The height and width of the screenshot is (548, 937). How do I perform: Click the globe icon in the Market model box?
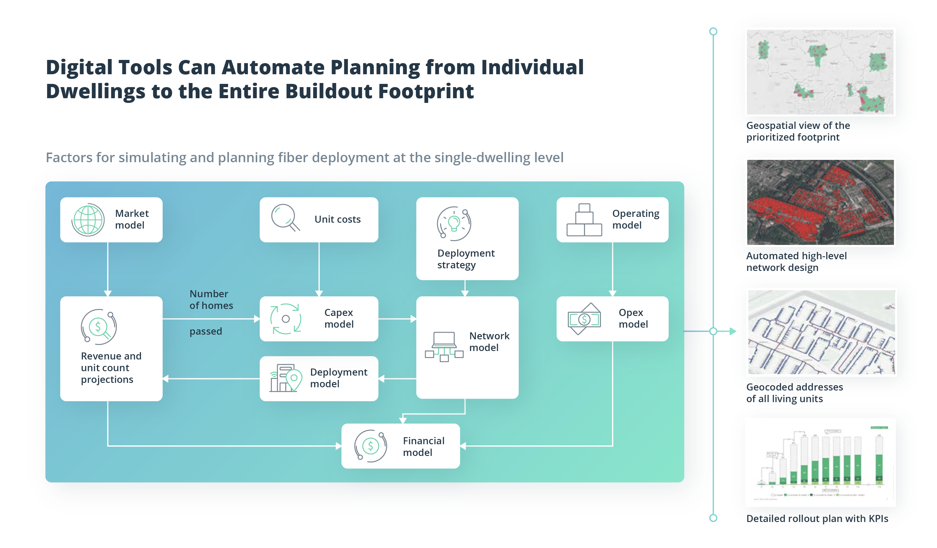coord(88,220)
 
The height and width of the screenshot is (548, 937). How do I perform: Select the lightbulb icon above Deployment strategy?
coord(454,224)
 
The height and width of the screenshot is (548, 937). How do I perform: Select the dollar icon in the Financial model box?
coord(370,446)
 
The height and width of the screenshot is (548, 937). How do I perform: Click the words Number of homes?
coord(211,299)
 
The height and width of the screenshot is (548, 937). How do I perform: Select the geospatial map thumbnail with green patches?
coord(820,72)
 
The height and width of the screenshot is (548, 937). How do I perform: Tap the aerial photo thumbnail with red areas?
coord(820,202)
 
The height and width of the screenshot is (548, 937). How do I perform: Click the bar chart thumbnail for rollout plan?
coord(820,462)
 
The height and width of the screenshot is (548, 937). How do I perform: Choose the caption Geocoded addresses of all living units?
coord(794,393)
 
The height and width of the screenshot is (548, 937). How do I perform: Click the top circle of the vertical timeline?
coord(713,31)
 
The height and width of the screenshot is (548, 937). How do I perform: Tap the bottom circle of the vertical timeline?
coord(713,518)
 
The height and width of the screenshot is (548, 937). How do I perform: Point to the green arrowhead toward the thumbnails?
coord(733,331)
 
